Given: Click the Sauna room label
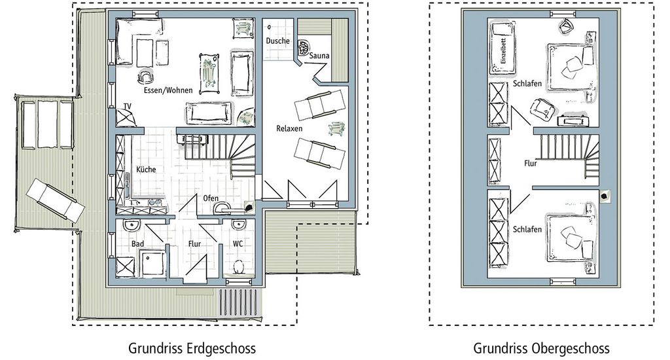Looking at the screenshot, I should pos(319,56).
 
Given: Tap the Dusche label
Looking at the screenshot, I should pos(277,41).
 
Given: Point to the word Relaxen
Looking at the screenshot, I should pos(289,129).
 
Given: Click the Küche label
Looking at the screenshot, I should pos(146,169).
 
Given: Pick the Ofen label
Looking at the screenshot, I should pos(211,198).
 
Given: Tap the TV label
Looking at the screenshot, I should pos(128,106).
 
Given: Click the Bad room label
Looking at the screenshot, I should pos(137,243).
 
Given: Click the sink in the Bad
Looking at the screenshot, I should pos(130,226).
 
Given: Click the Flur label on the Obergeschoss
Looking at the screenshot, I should pos(531,163).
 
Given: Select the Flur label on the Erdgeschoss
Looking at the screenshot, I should pos(195,243).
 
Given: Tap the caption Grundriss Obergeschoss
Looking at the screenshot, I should pos(541,347).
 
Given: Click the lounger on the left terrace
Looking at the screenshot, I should pos(55,200).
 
